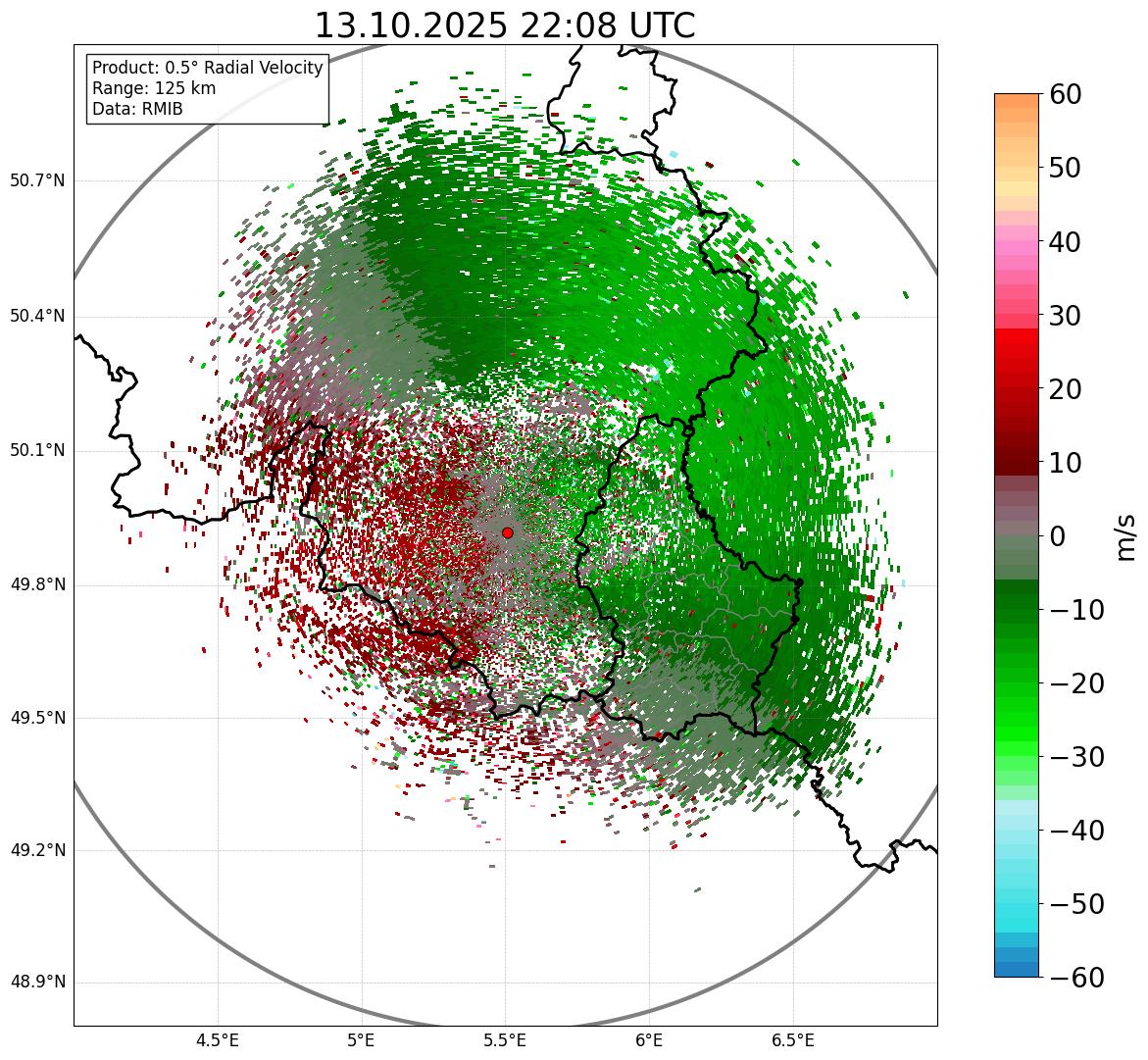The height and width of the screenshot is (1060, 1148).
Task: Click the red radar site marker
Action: tap(507, 532)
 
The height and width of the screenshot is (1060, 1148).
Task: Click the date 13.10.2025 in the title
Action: tap(410, 25)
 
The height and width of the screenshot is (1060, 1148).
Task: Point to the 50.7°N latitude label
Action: tap(37, 181)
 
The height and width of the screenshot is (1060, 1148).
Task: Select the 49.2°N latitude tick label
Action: tap(37, 850)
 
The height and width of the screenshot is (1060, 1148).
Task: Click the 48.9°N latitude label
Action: tap(37, 983)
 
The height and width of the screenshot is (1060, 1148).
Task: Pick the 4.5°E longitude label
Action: tap(218, 1040)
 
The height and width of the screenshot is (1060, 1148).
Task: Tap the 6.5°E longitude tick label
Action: tap(792, 1040)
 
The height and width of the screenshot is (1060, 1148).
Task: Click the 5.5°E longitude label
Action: tap(505, 1040)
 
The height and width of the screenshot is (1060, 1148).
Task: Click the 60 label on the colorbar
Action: tap(1066, 95)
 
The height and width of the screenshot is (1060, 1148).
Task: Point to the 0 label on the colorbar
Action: tap(1058, 536)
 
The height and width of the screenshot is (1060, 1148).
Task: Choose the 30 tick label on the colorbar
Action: tap(1066, 316)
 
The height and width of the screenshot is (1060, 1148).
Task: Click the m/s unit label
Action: tap(1126, 536)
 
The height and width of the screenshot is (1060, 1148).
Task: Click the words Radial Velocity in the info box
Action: tap(263, 68)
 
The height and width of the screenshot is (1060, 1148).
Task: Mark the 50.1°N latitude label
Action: tap(37, 451)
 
